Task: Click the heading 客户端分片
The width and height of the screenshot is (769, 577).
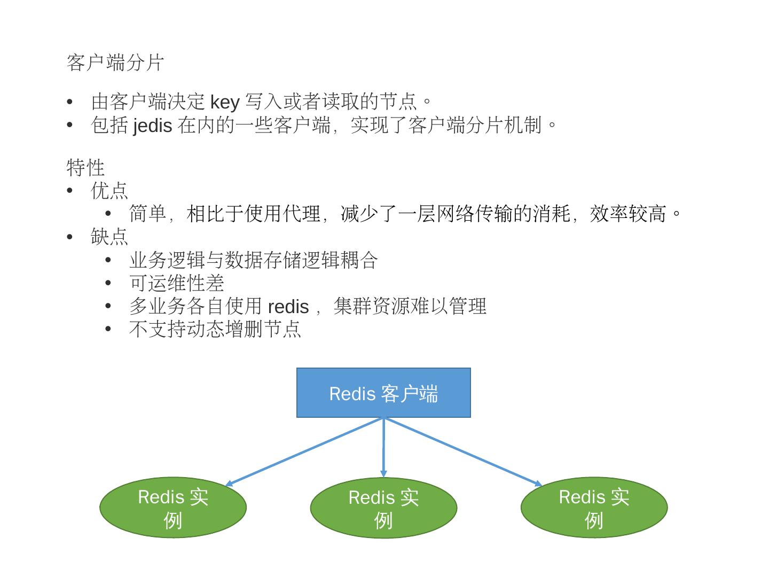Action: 115,63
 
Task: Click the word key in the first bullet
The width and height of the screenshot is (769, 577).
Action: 224,102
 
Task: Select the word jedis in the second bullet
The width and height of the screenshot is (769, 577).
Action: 152,126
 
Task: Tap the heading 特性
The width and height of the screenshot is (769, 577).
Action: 85,167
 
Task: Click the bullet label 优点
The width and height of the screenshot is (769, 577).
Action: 109,191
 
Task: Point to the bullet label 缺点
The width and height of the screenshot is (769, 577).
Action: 109,237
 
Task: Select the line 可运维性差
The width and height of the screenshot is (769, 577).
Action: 176,283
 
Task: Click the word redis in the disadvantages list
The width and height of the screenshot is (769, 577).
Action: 288,307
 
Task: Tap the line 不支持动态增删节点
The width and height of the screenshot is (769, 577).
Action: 215,329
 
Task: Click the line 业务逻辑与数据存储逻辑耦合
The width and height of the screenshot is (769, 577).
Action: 254,260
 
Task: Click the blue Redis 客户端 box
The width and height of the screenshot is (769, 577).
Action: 383,393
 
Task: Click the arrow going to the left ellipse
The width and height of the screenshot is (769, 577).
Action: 304,451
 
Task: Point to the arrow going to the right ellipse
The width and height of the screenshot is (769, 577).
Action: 462,451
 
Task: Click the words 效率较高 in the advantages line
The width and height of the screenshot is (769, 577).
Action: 628,214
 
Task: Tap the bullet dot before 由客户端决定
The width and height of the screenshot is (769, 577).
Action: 69,102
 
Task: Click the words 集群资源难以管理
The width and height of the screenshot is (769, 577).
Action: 410,307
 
